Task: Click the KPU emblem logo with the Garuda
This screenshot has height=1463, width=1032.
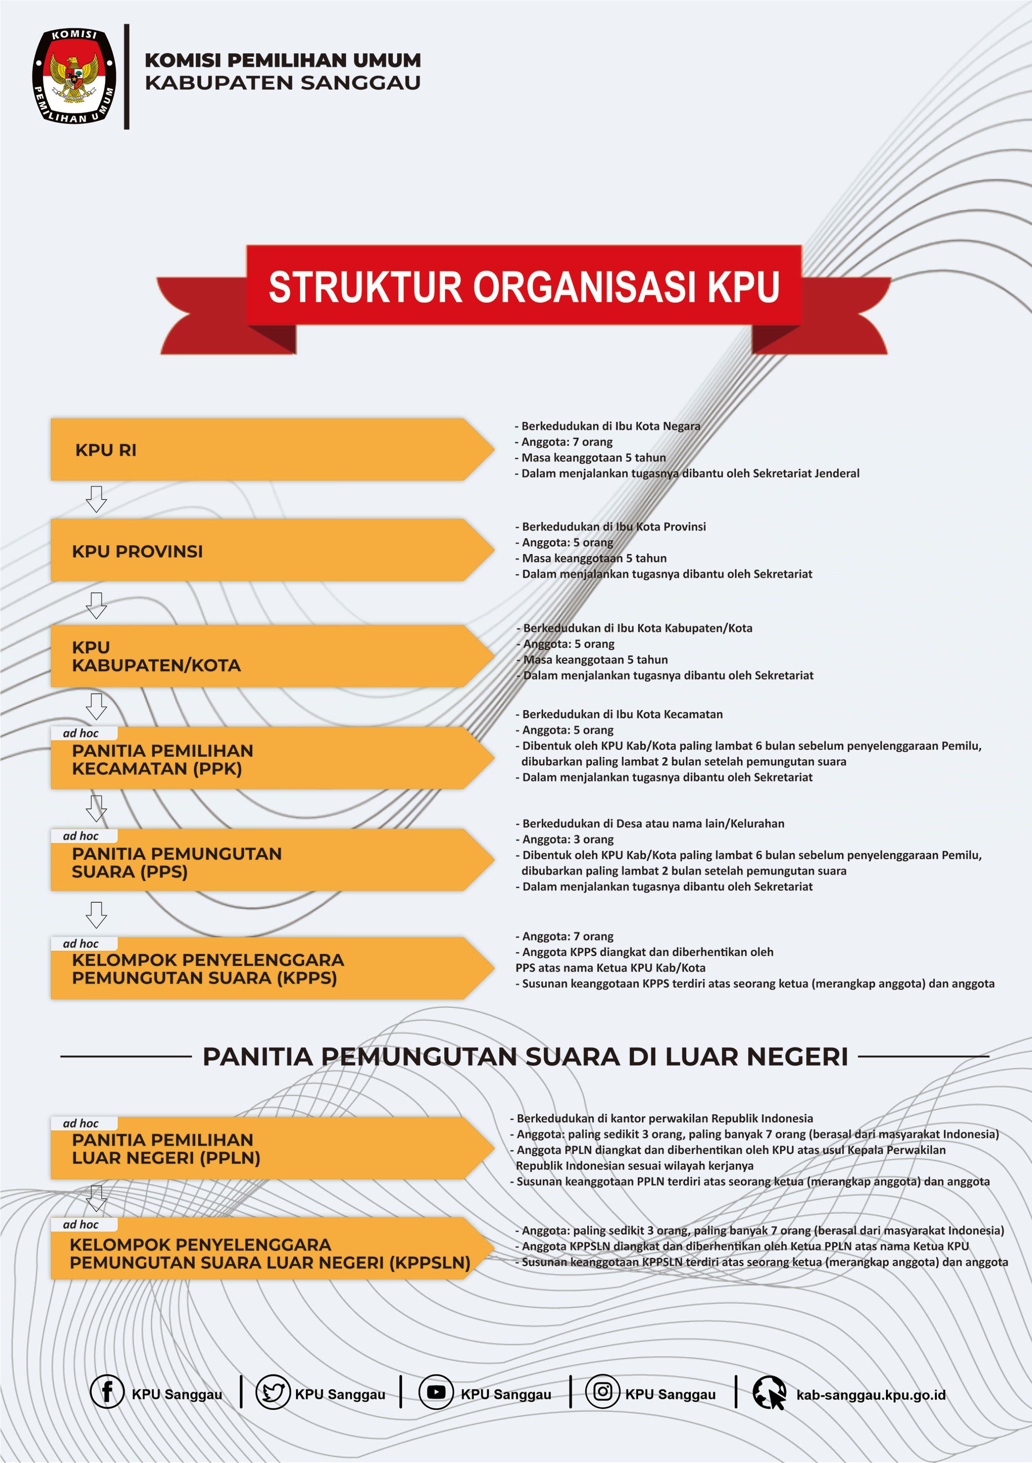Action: click(74, 76)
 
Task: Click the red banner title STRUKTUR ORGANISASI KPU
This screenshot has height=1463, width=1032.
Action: click(523, 286)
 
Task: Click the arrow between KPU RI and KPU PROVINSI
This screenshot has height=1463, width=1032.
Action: click(96, 499)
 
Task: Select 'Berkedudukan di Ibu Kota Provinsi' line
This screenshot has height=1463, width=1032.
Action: click(613, 526)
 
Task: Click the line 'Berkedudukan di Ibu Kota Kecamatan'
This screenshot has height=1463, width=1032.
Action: click(622, 714)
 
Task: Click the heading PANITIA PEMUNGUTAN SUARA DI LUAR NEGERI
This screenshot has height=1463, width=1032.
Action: click(525, 1057)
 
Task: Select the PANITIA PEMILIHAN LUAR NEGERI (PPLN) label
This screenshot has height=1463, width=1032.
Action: click(166, 1148)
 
